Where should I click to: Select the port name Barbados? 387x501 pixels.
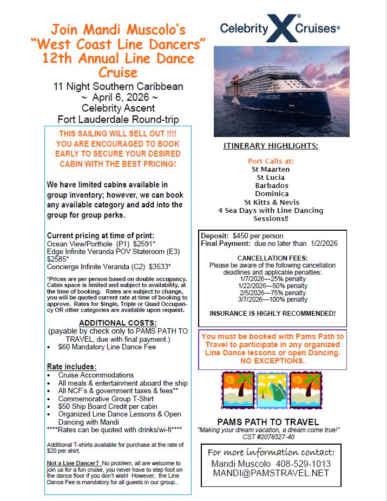[271, 185]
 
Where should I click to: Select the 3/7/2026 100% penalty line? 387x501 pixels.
[273, 300]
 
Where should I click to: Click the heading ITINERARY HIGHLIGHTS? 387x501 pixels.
[271, 146]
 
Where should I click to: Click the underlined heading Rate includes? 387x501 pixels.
[72, 367]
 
